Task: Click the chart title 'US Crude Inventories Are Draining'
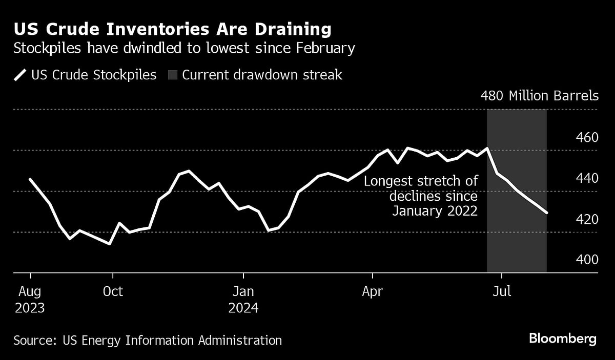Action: pyautogui.click(x=172, y=29)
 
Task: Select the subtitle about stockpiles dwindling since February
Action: pyautogui.click(x=184, y=49)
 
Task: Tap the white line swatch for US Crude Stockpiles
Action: pyautogui.click(x=20, y=75)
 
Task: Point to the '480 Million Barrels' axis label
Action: pyautogui.click(x=539, y=96)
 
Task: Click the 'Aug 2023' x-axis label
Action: pyautogui.click(x=30, y=300)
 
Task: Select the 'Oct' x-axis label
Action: pyautogui.click(x=113, y=291)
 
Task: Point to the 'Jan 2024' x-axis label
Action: pyautogui.click(x=243, y=300)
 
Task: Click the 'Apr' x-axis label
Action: pyautogui.click(x=372, y=291)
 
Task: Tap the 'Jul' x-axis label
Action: pyautogui.click(x=502, y=291)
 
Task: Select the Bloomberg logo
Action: pyautogui.click(x=563, y=338)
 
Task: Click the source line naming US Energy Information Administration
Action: pyautogui.click(x=148, y=340)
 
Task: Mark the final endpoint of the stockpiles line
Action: pyautogui.click(x=547, y=213)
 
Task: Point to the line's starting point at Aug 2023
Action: pyautogui.click(x=30, y=179)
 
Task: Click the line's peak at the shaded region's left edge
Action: pyautogui.click(x=487, y=149)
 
